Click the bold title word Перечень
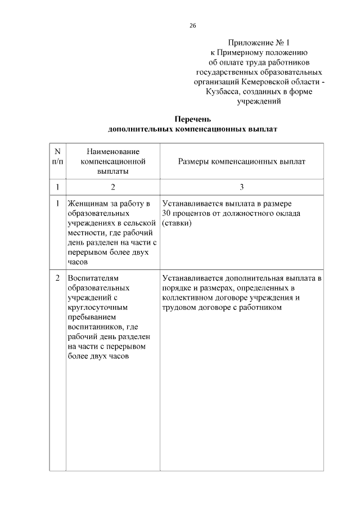click(192, 119)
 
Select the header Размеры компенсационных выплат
click(242, 162)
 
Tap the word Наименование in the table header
click(113, 152)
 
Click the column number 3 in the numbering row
click(242, 187)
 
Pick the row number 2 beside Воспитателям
click(57, 278)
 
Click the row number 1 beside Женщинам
click(57, 203)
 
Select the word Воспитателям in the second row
click(93, 278)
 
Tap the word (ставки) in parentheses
click(177, 223)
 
